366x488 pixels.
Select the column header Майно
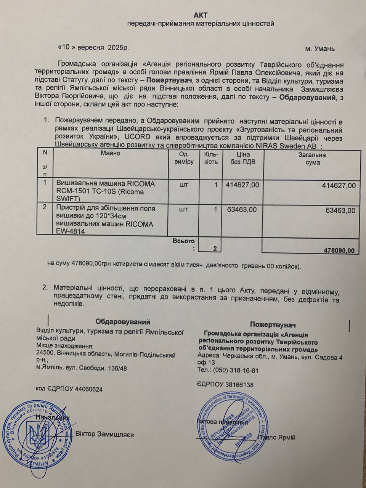click(x=111, y=153)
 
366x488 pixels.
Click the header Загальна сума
click(x=312, y=159)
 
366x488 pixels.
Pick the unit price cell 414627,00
click(x=242, y=185)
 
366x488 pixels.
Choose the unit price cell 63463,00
click(x=242, y=210)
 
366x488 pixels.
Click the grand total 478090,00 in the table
click(x=339, y=250)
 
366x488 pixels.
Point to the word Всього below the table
click(x=183, y=241)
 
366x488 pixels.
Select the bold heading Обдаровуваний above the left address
click(x=123, y=321)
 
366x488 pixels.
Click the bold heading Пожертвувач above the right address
click(x=273, y=324)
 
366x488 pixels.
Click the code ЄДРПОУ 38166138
click(x=226, y=385)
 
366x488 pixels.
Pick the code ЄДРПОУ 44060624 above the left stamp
click(x=69, y=389)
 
